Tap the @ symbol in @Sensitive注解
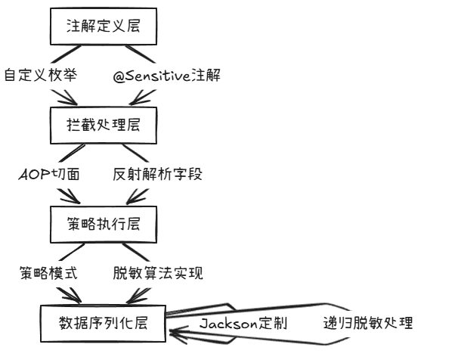[119, 76]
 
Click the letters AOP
[32, 174]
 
